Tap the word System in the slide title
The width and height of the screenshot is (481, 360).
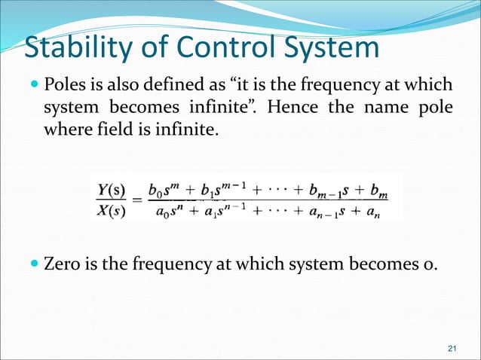(x=329, y=47)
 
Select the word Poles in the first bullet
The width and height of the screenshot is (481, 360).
(x=66, y=84)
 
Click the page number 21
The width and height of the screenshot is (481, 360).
(x=452, y=347)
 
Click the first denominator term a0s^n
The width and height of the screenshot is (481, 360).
(x=170, y=210)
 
